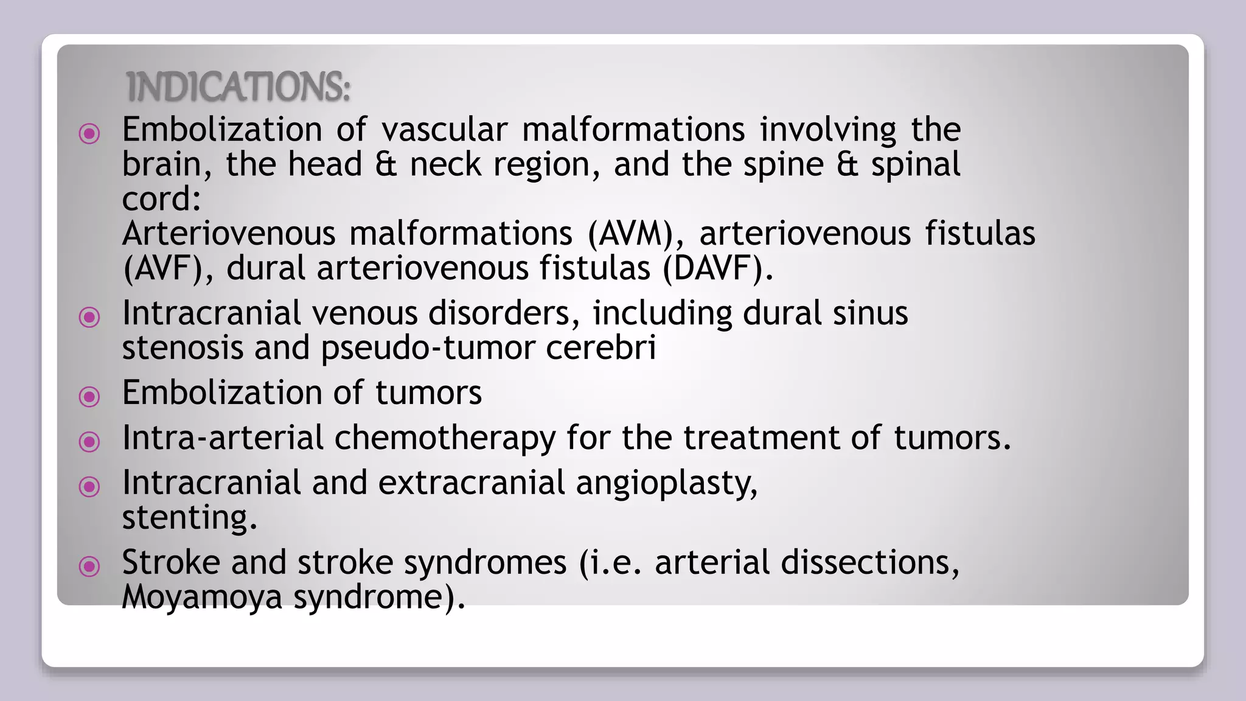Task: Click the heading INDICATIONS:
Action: (x=238, y=86)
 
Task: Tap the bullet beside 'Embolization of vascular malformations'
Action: (x=89, y=133)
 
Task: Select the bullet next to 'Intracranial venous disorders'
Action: (x=89, y=316)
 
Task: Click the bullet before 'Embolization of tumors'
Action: (x=89, y=397)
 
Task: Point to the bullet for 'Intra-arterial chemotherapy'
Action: (x=89, y=441)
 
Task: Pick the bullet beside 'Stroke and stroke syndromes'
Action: (x=89, y=566)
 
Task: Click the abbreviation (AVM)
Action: (x=635, y=234)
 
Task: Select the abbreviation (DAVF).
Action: (x=717, y=268)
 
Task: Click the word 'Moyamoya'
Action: (x=202, y=597)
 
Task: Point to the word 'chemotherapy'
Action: (x=445, y=438)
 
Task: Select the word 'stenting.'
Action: (x=189, y=518)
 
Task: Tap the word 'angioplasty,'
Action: (x=667, y=483)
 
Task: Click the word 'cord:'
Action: (x=161, y=199)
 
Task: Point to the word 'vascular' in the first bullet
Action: (x=444, y=130)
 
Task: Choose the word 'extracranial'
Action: (x=472, y=483)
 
